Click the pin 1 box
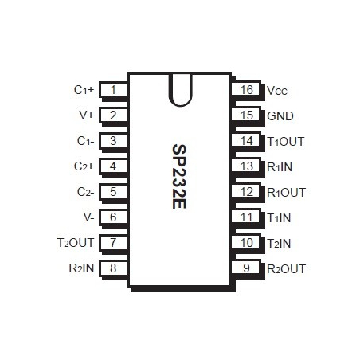click(115, 90)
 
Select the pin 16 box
click(247, 90)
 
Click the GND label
click(280, 115)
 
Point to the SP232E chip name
click(180, 177)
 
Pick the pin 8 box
click(115, 268)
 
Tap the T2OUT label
click(76, 242)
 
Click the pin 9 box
click(247, 268)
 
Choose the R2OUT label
click(286, 268)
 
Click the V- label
click(88, 217)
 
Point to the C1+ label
click(84, 90)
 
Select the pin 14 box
click(247, 141)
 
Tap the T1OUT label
click(286, 141)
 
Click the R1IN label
click(280, 166)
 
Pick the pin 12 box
click(247, 191)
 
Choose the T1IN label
click(279, 217)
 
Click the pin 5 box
click(115, 191)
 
